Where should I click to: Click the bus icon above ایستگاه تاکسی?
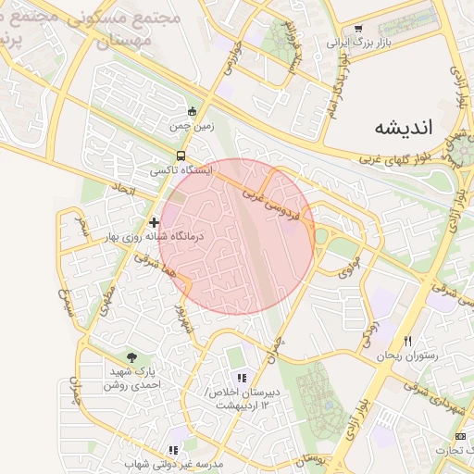[181, 156]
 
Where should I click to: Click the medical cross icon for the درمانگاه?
[154, 222]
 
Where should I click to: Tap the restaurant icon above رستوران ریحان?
[407, 341]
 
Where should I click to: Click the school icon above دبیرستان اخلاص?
[242, 378]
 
